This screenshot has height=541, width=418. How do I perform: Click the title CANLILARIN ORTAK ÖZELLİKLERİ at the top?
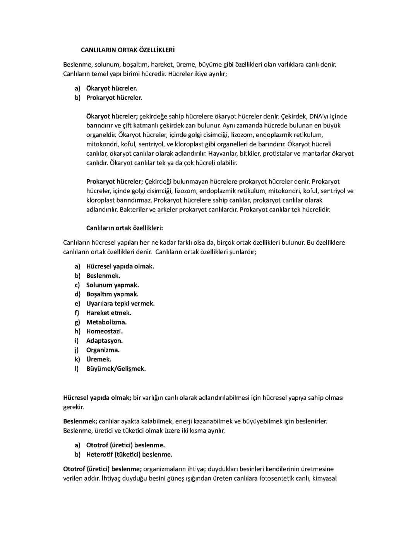click(127, 50)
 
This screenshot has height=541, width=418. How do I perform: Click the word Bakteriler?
click(134, 210)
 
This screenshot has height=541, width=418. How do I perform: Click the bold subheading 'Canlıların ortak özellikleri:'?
click(124, 228)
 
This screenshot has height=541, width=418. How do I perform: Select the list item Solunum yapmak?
click(112, 285)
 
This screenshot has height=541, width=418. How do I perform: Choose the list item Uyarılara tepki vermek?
click(120, 304)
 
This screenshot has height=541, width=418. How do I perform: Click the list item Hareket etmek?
click(108, 313)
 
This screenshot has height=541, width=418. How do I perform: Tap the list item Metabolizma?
click(106, 322)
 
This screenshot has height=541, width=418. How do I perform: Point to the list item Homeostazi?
click(104, 331)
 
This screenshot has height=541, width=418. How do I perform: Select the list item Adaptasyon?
click(104, 341)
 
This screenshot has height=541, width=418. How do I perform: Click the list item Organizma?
click(103, 350)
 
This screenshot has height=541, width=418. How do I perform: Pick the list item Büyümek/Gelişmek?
click(116, 369)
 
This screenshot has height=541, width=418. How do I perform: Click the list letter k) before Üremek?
click(77, 359)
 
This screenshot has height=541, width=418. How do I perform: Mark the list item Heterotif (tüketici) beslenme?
click(129, 455)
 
